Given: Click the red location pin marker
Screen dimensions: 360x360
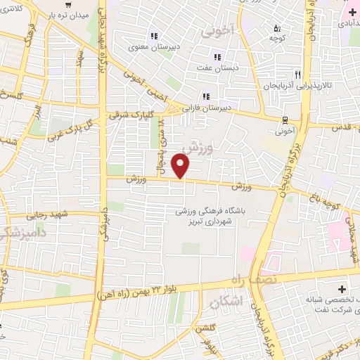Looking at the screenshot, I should [x=181, y=167].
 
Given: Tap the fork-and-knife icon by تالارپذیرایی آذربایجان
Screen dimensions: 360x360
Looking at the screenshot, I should [x=298, y=75].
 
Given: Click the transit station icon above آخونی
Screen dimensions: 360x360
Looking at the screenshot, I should [x=285, y=120].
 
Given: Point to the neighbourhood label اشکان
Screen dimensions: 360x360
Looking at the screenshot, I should [x=224, y=302].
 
